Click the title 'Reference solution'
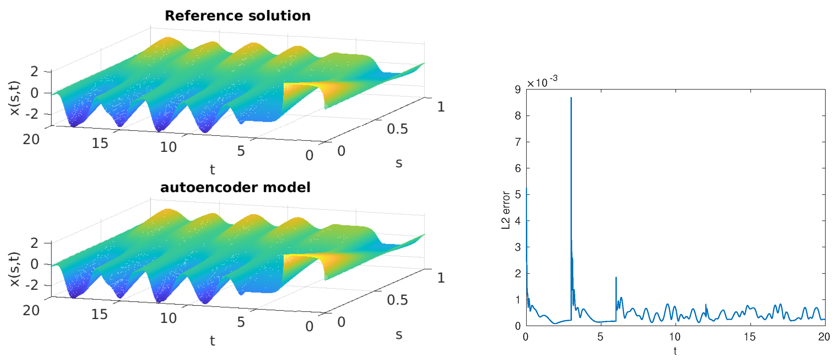coord(237,15)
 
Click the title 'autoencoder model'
coord(235,187)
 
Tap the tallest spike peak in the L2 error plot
coord(571,98)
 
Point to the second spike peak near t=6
coord(616,277)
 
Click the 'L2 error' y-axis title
coord(506,210)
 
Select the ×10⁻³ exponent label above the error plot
coord(542,82)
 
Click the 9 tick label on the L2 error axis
coord(518,90)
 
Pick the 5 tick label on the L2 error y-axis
coord(518,195)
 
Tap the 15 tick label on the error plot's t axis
coord(750,337)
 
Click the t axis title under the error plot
coord(675,351)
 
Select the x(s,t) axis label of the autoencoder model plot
coord(15,269)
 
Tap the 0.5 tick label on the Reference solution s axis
coord(398,129)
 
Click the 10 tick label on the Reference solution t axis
coord(168,147)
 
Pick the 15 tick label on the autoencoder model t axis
coord(99,314)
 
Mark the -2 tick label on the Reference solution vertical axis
coord(32,114)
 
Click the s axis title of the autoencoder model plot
coord(399,334)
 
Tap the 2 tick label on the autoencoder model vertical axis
coord(34,243)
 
